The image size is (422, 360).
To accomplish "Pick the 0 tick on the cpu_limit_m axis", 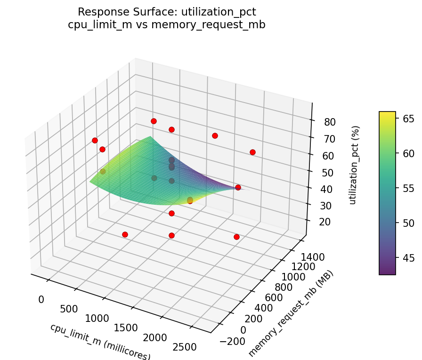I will (41, 299).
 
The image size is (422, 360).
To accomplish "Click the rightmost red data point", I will (252, 152).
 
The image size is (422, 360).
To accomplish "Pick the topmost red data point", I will (154, 121).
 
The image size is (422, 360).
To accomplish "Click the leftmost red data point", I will (95, 140).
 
